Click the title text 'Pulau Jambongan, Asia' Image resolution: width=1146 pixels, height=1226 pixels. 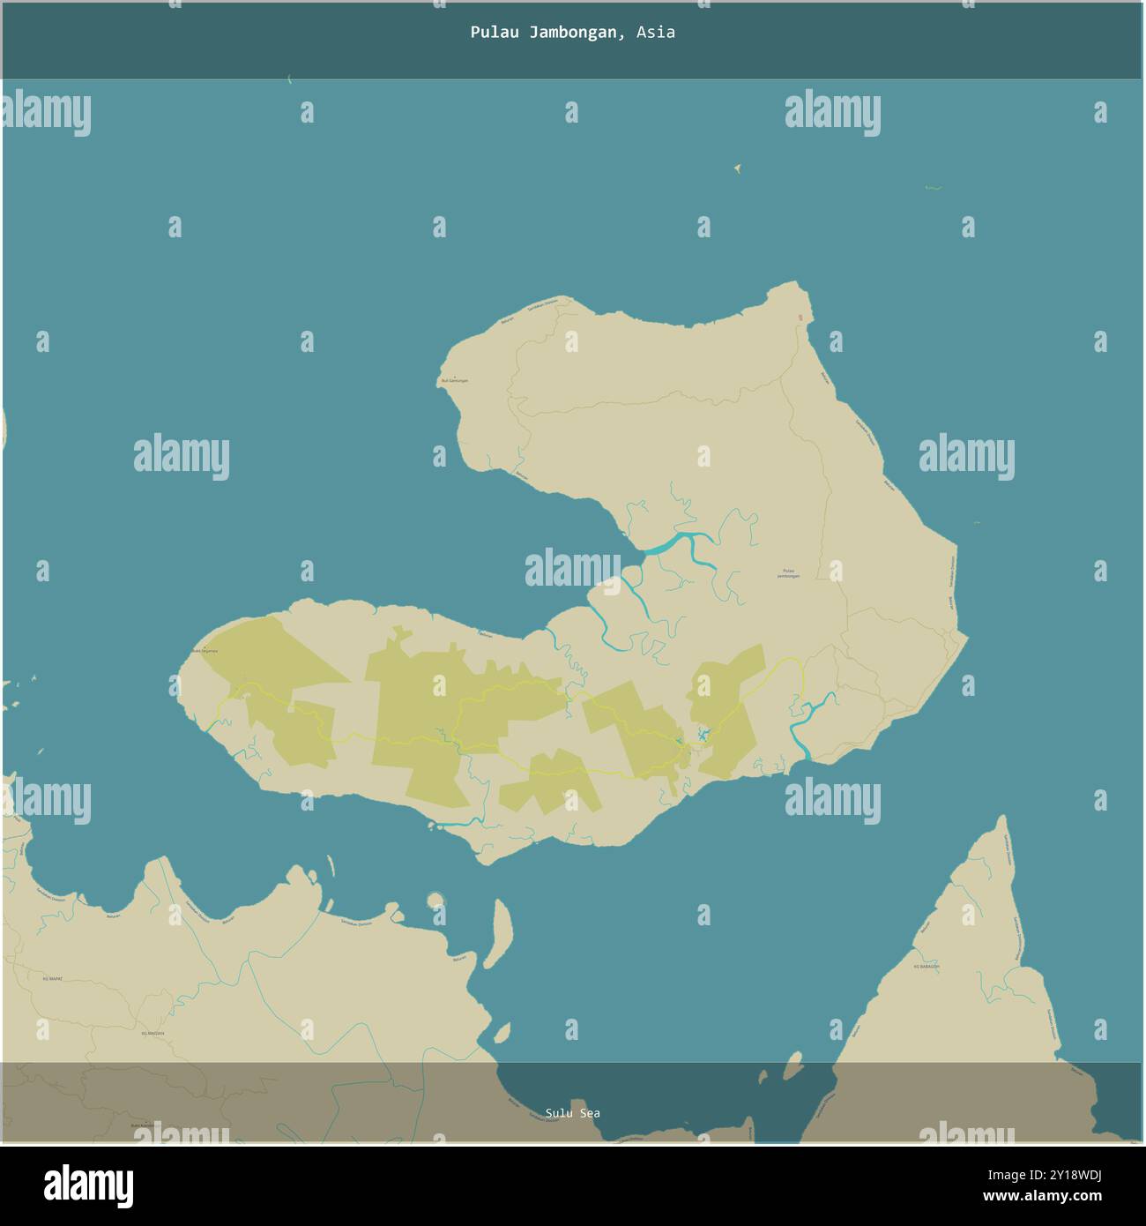coord(572,33)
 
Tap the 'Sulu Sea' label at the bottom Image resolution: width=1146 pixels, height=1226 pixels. coord(572,1113)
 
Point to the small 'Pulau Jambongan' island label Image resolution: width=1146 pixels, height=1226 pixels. coord(788,572)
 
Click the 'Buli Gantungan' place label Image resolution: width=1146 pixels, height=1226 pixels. coord(454,380)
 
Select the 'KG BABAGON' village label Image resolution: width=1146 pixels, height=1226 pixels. coord(926,967)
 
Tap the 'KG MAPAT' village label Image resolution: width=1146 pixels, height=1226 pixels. coord(53,979)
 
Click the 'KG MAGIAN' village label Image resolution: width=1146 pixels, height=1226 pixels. coord(153,1033)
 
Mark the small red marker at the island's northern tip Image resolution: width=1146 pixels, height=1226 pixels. coord(800,318)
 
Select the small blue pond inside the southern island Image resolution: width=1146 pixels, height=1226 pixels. coord(703,735)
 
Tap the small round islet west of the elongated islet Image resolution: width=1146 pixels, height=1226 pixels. coord(435,901)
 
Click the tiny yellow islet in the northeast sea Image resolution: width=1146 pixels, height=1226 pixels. coord(737,168)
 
